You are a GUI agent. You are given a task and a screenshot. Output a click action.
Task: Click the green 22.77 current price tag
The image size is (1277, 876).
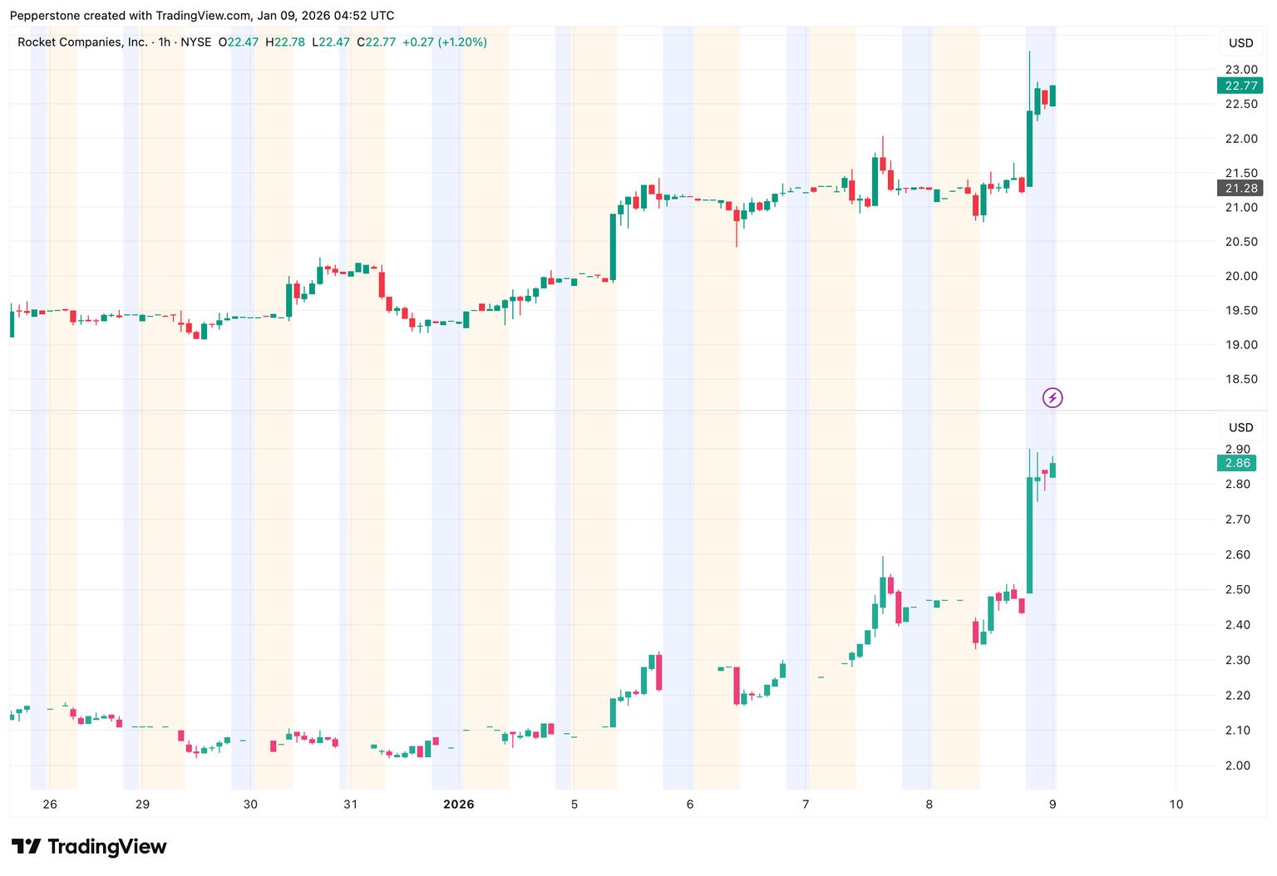pos(1240,86)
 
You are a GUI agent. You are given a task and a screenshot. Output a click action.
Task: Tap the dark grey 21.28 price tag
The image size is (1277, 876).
pos(1240,188)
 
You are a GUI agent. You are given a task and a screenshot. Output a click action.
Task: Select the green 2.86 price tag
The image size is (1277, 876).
pos(1236,463)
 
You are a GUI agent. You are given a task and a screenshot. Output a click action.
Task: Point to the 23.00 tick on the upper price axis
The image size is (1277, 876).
pos(1241,70)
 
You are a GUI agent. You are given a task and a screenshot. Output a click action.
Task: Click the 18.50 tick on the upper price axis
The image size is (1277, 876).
pos(1241,379)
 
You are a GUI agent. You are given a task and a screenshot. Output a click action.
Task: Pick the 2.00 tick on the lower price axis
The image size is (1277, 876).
pos(1238,765)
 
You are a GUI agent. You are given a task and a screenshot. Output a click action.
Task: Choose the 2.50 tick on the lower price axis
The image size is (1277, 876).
pos(1238,589)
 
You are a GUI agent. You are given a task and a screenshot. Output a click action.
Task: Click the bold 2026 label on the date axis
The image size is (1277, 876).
pos(459,805)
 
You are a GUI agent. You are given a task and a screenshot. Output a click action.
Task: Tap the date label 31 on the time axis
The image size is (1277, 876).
pos(350,805)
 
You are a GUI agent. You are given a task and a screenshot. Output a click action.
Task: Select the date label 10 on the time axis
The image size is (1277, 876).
pos(1176,805)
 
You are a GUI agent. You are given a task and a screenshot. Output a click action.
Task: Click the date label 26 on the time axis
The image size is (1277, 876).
pos(50,805)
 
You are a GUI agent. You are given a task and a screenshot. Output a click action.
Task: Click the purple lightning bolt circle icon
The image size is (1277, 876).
pos(1053,398)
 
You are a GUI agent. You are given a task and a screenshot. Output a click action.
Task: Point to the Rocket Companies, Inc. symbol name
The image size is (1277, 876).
pos(82,42)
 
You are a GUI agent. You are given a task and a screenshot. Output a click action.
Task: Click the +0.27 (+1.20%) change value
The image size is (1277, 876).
pos(445,42)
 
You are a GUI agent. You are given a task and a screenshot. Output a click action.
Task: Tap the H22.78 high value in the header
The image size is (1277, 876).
pos(285,42)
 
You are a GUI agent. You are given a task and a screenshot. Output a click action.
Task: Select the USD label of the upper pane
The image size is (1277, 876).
pos(1241,43)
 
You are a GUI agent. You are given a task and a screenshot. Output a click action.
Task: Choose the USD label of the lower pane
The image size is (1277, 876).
pos(1241,427)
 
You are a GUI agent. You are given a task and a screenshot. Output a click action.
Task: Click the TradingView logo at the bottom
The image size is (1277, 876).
pos(89,846)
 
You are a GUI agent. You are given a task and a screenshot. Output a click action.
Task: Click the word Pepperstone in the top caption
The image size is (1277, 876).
pos(44,16)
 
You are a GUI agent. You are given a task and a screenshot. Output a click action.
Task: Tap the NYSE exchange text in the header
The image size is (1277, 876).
pos(195,42)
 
